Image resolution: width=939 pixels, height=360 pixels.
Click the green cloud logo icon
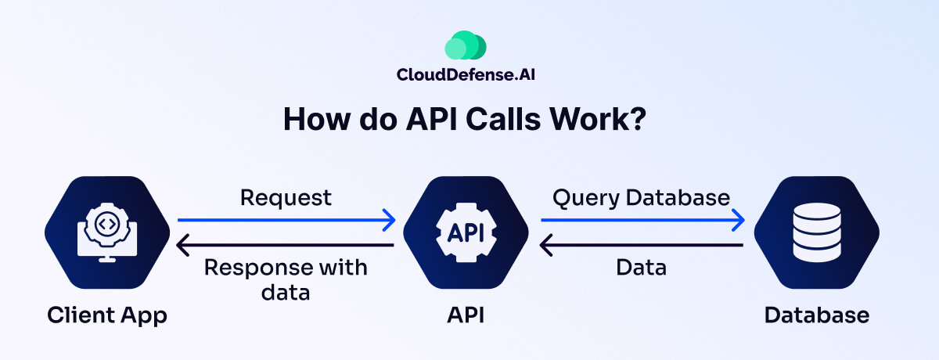[x=466, y=46]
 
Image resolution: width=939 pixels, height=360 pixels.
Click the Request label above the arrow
[x=286, y=197]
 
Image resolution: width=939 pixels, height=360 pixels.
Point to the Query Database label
[x=641, y=197]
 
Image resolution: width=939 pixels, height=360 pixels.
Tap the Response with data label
[x=286, y=279]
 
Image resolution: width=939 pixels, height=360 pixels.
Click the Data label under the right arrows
[x=641, y=268]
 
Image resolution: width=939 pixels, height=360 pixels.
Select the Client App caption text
[x=107, y=315]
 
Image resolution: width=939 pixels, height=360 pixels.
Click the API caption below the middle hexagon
[x=466, y=315]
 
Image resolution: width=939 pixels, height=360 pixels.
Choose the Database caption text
[x=816, y=315]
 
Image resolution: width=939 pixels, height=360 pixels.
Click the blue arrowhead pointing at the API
[x=389, y=221]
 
